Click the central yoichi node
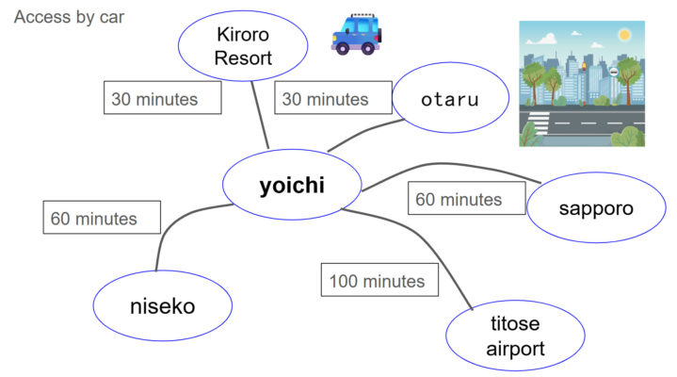point(292,186)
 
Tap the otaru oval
point(450,99)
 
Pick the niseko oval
point(162,305)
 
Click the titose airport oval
point(515,336)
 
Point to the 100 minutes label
point(377,281)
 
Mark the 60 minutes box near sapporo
point(459,200)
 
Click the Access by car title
point(69,18)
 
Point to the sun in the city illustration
point(622,36)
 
